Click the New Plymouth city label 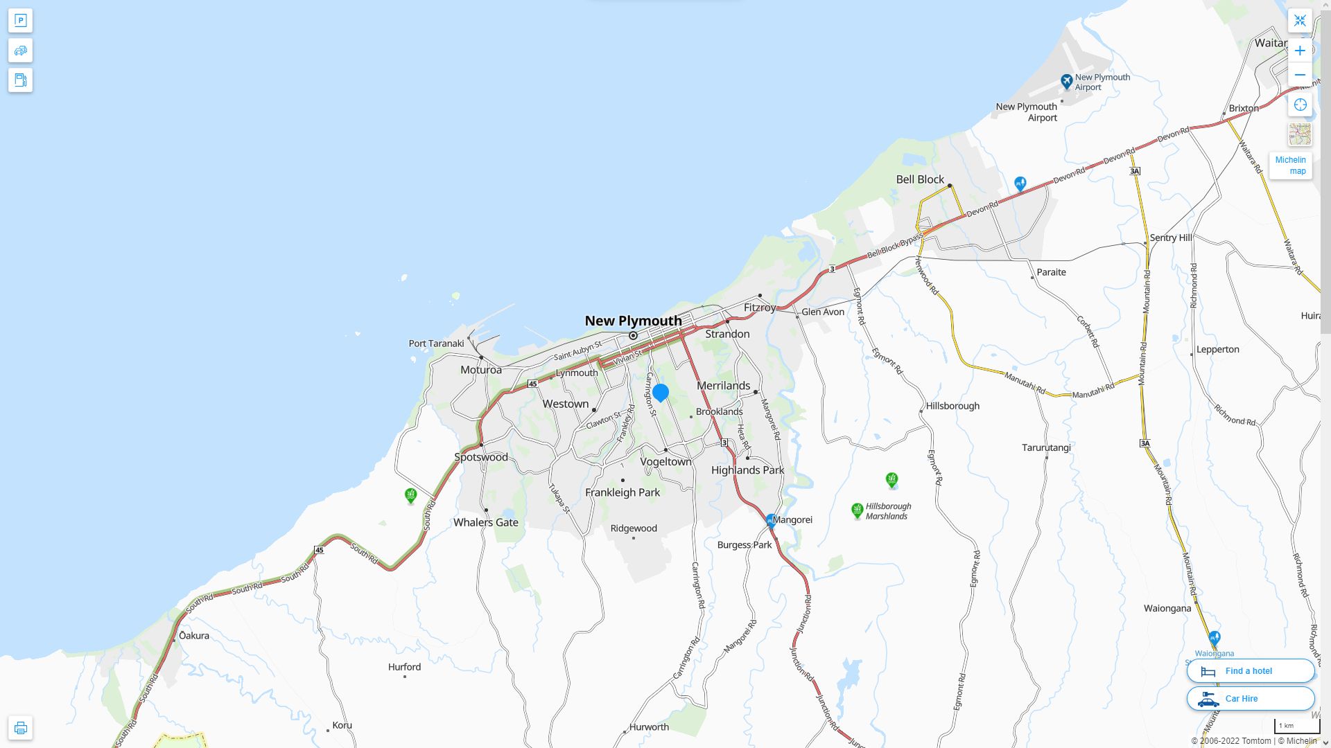633,321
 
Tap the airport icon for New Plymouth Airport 1066,82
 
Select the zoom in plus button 1300,51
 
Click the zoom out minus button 1300,75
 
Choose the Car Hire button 1250,698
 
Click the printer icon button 20,728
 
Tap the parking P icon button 20,21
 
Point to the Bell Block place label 920,179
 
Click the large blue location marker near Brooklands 661,393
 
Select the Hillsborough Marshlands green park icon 857,510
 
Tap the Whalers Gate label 485,522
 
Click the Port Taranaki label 436,344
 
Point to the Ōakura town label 193,635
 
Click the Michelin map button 1290,166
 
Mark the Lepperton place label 1217,349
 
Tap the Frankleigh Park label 622,492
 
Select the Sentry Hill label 1170,238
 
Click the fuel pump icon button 20,80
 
